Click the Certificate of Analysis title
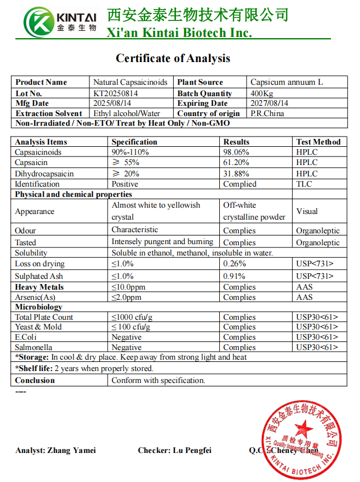[173, 58]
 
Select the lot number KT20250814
[116, 93]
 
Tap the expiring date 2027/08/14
[269, 103]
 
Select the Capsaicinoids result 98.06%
[236, 152]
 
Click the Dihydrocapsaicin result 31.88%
[236, 174]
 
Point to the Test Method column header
[318, 142]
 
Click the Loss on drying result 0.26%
[234, 263]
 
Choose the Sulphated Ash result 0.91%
[234, 276]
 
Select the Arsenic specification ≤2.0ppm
[126, 297]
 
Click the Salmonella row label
[33, 347]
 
